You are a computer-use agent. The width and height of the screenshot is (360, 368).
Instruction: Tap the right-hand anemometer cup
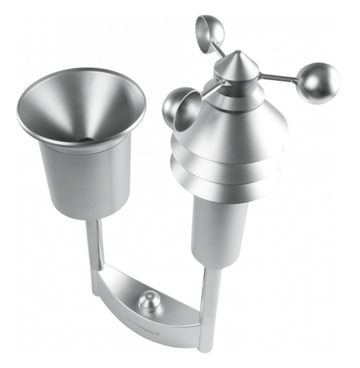[318, 83]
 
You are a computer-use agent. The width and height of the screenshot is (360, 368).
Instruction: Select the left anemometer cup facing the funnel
[180, 108]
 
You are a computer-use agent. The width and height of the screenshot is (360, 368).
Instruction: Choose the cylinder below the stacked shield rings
[214, 232]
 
